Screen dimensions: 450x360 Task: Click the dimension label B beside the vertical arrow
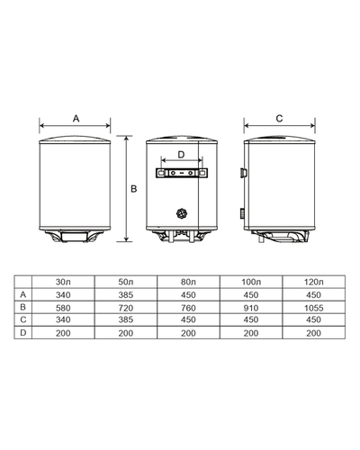133,188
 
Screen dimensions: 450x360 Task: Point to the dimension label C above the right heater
279,118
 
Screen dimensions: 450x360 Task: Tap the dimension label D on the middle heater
182,154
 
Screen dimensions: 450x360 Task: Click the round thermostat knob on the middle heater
182,213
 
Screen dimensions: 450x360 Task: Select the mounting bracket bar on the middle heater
182,171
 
